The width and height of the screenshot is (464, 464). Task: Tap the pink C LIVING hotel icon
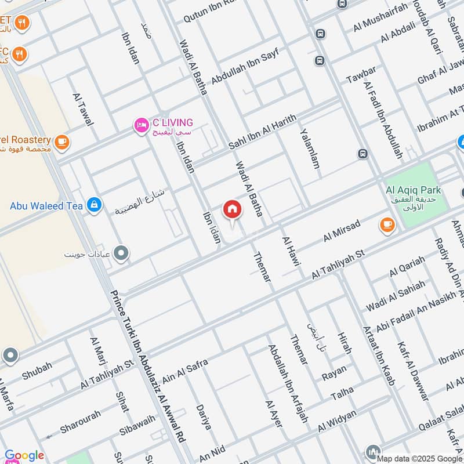[x=141, y=125]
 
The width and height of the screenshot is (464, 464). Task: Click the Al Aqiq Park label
[x=413, y=190]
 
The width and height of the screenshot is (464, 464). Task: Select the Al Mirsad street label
[x=342, y=230]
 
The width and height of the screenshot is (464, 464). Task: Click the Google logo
[x=24, y=455]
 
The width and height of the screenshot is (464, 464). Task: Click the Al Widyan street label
[x=336, y=422]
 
